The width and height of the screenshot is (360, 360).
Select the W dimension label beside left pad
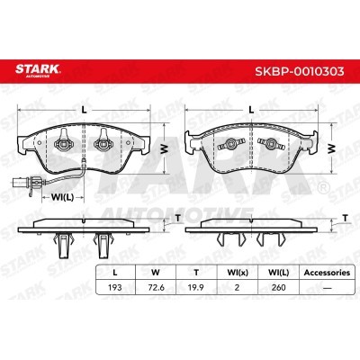click(164, 148)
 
